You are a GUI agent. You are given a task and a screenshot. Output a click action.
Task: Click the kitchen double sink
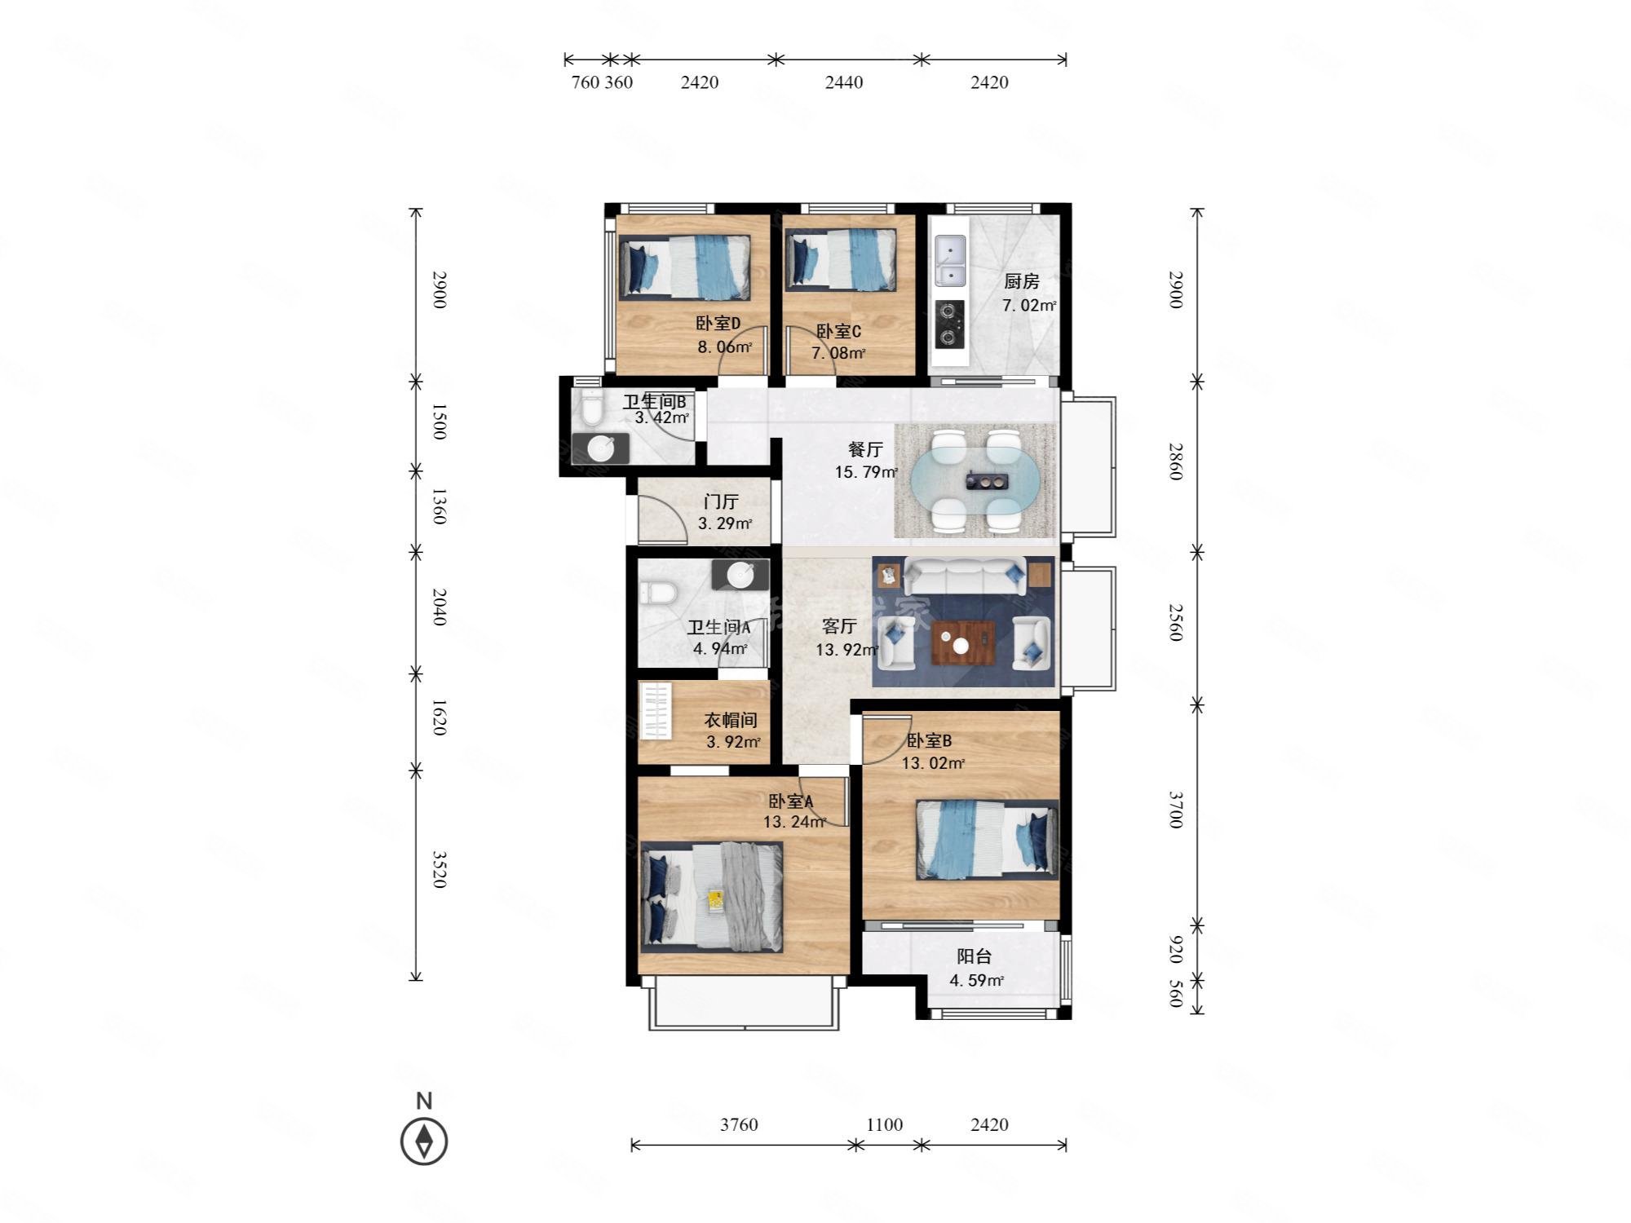[950, 262]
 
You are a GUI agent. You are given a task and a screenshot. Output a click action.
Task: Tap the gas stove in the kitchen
[949, 324]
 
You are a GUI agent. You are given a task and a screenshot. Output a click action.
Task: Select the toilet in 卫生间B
[591, 408]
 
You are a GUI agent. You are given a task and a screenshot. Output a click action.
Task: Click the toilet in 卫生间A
[659, 591]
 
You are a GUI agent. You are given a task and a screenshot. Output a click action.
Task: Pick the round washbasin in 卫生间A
[740, 575]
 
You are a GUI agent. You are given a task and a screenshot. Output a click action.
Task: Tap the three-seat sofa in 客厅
[964, 577]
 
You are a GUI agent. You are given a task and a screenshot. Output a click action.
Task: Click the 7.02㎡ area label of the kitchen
[1029, 306]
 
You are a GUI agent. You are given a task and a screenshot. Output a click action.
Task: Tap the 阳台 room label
[974, 956]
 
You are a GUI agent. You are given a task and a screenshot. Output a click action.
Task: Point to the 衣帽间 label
[731, 720]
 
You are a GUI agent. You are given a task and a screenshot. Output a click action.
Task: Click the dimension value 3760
[739, 1125]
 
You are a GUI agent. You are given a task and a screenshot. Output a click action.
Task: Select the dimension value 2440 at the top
[843, 82]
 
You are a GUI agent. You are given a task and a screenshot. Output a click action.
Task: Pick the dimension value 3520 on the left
[439, 869]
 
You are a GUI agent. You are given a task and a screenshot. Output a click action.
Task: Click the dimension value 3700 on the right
[1175, 810]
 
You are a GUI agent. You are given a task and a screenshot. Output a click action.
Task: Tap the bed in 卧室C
[840, 259]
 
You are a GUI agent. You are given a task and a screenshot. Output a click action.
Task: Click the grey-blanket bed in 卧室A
[712, 897]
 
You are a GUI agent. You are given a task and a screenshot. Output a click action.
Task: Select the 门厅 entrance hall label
[721, 502]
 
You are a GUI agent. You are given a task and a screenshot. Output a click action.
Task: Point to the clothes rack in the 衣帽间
[656, 711]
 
